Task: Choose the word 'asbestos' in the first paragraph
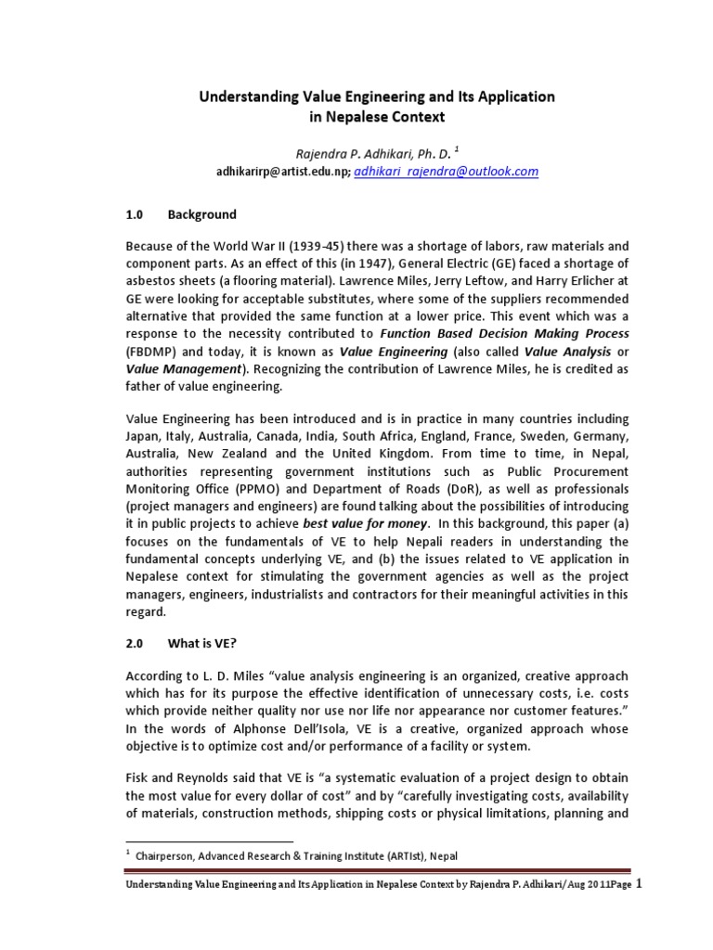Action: [154, 281]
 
